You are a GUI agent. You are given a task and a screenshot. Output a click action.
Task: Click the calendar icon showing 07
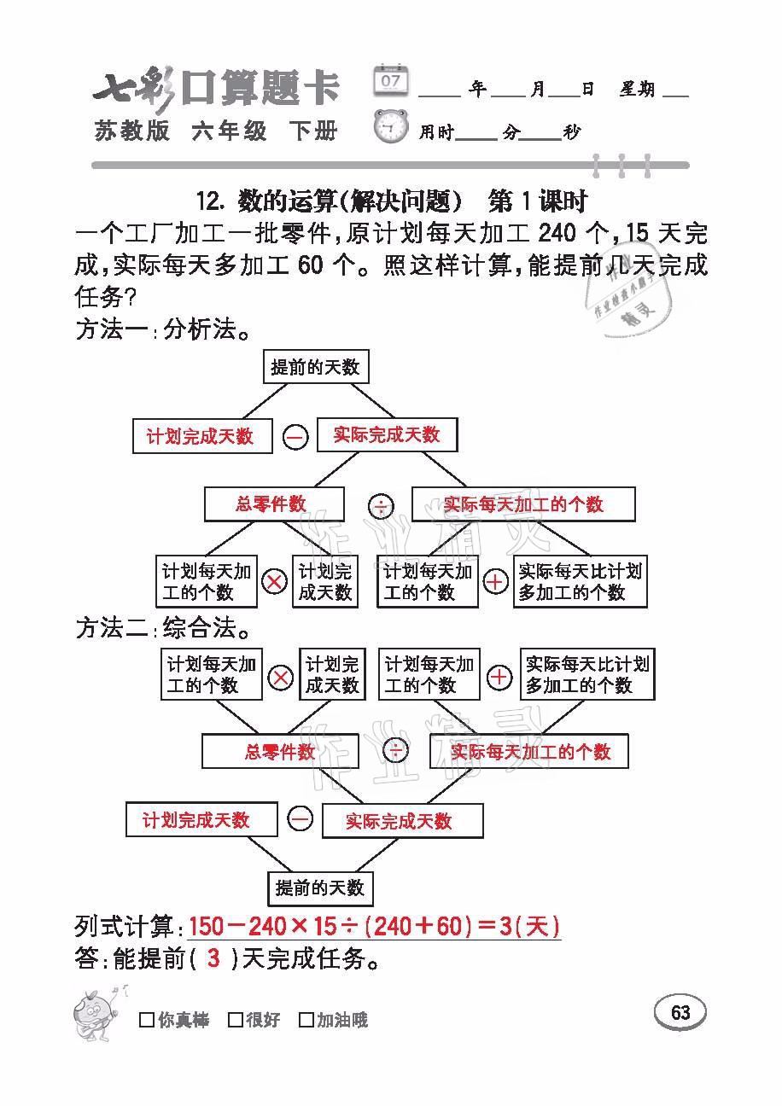coord(391,81)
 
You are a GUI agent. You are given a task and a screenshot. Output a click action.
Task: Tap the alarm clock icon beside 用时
coord(391,128)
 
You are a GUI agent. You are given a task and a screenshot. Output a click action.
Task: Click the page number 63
coord(680,1013)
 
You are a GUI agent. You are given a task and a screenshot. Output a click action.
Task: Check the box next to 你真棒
coord(147,1020)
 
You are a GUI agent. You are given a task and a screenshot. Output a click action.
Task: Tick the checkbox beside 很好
coord(236,1020)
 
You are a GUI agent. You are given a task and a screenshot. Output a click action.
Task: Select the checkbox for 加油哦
coord(306,1020)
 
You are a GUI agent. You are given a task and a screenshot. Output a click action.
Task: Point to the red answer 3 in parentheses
coord(213,959)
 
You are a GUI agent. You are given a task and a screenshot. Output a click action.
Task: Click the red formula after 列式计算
coord(374,927)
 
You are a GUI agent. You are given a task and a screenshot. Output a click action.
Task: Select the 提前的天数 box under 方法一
coord(315,368)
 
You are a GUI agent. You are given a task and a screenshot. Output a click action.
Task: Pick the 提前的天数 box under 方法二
coord(320,888)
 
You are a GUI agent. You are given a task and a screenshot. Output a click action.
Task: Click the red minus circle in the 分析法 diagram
coord(295,438)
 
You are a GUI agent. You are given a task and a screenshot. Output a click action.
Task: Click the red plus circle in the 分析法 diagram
coord(495,583)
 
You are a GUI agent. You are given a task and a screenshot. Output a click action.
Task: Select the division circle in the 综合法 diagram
coord(394,751)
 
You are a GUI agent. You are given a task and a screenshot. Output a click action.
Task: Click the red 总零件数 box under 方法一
coord(273,504)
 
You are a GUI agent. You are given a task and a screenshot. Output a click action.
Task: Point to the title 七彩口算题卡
coord(217,89)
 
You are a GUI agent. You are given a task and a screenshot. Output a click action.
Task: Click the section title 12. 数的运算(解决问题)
coord(329,201)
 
